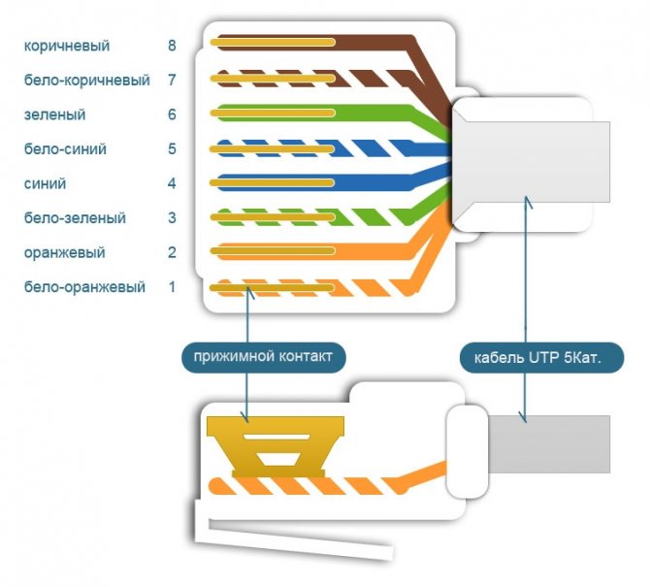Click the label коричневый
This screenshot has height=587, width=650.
(67, 46)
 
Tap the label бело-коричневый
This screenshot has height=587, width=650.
(87, 80)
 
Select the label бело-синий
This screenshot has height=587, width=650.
(65, 148)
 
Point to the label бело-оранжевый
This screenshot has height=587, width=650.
(84, 287)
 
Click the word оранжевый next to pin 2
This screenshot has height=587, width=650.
(64, 252)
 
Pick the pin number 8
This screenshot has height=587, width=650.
(172, 46)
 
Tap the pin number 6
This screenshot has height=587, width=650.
(172, 114)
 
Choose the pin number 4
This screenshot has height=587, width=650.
(172, 183)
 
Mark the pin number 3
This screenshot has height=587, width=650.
(172, 217)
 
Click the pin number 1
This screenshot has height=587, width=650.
(172, 287)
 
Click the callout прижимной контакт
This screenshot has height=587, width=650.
(263, 357)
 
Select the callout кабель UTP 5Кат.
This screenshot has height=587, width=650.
(541, 357)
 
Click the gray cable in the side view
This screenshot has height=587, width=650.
(549, 444)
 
